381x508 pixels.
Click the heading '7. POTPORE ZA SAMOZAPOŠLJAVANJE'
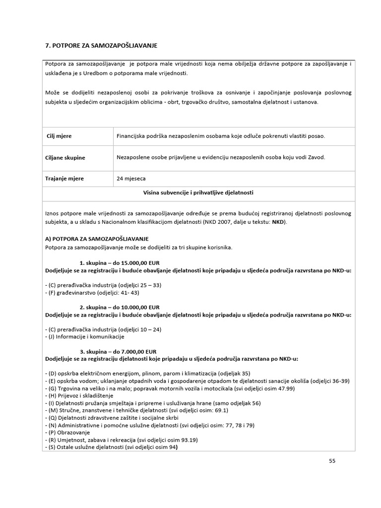point(101,46)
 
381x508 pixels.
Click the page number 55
point(332,460)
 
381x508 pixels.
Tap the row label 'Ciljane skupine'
point(65,158)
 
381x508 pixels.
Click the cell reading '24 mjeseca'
point(131,179)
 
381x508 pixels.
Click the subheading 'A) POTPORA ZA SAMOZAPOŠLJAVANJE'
point(97,239)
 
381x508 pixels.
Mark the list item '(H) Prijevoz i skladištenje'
point(79,396)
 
